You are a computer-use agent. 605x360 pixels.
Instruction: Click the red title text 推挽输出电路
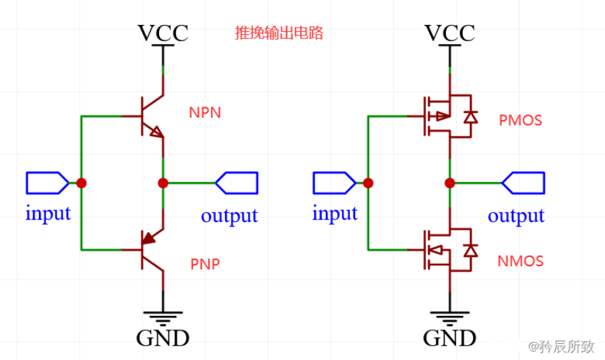pyautogui.click(x=279, y=33)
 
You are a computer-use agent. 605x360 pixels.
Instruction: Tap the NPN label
pyautogui.click(x=205, y=113)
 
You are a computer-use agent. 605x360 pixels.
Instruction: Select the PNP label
pyautogui.click(x=205, y=264)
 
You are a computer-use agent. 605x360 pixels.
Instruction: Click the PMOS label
pyautogui.click(x=520, y=121)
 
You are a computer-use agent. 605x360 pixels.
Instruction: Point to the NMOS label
pyautogui.click(x=521, y=261)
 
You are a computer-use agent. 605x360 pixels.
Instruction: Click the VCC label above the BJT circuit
pyautogui.click(x=163, y=33)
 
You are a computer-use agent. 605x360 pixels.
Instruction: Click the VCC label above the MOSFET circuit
pyautogui.click(x=449, y=33)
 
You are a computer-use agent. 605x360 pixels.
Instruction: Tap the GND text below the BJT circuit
pyautogui.click(x=163, y=337)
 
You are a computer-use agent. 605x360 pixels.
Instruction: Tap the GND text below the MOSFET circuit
pyautogui.click(x=449, y=337)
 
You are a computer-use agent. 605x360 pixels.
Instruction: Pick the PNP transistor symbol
pyautogui.click(x=150, y=250)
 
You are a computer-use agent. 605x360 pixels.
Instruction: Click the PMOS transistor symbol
pyautogui.click(x=444, y=116)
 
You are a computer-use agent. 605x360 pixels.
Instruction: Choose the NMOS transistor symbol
pyautogui.click(x=444, y=250)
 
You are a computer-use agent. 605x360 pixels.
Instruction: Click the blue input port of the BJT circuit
pyautogui.click(x=47, y=183)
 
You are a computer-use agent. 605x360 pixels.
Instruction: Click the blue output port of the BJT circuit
pyautogui.click(x=236, y=183)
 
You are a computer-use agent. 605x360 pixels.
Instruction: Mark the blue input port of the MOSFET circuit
pyautogui.click(x=333, y=183)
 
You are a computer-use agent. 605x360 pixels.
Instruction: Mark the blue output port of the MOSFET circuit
pyautogui.click(x=523, y=183)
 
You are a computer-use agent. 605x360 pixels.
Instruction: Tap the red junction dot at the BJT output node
pyautogui.click(x=163, y=183)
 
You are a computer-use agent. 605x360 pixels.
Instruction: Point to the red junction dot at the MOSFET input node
pyautogui.click(x=368, y=183)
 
